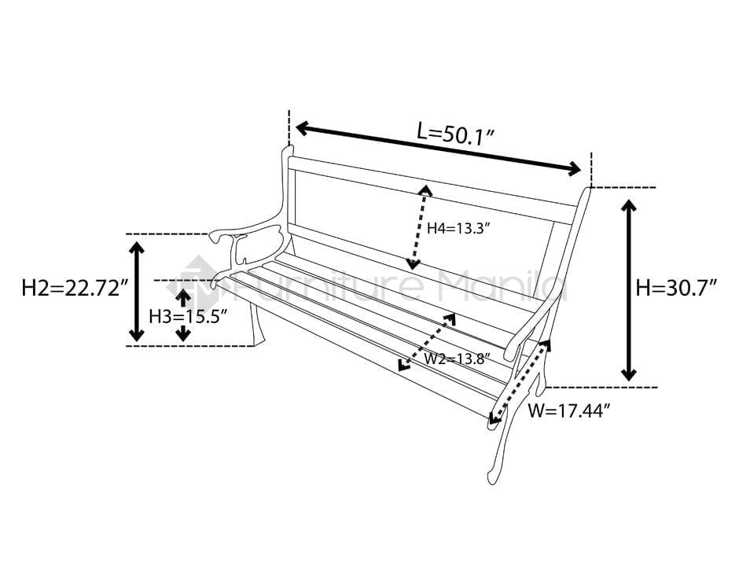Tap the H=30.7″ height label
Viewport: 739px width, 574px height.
[675, 288]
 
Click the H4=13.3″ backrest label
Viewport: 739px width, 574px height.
[459, 229]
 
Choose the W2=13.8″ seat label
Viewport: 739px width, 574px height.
[457, 359]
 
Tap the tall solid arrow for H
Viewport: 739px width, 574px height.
[629, 290]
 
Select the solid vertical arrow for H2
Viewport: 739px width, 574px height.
[137, 291]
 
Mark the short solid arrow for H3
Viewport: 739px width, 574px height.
[182, 315]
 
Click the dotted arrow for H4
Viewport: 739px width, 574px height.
[417, 226]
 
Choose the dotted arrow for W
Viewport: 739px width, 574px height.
[519, 383]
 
